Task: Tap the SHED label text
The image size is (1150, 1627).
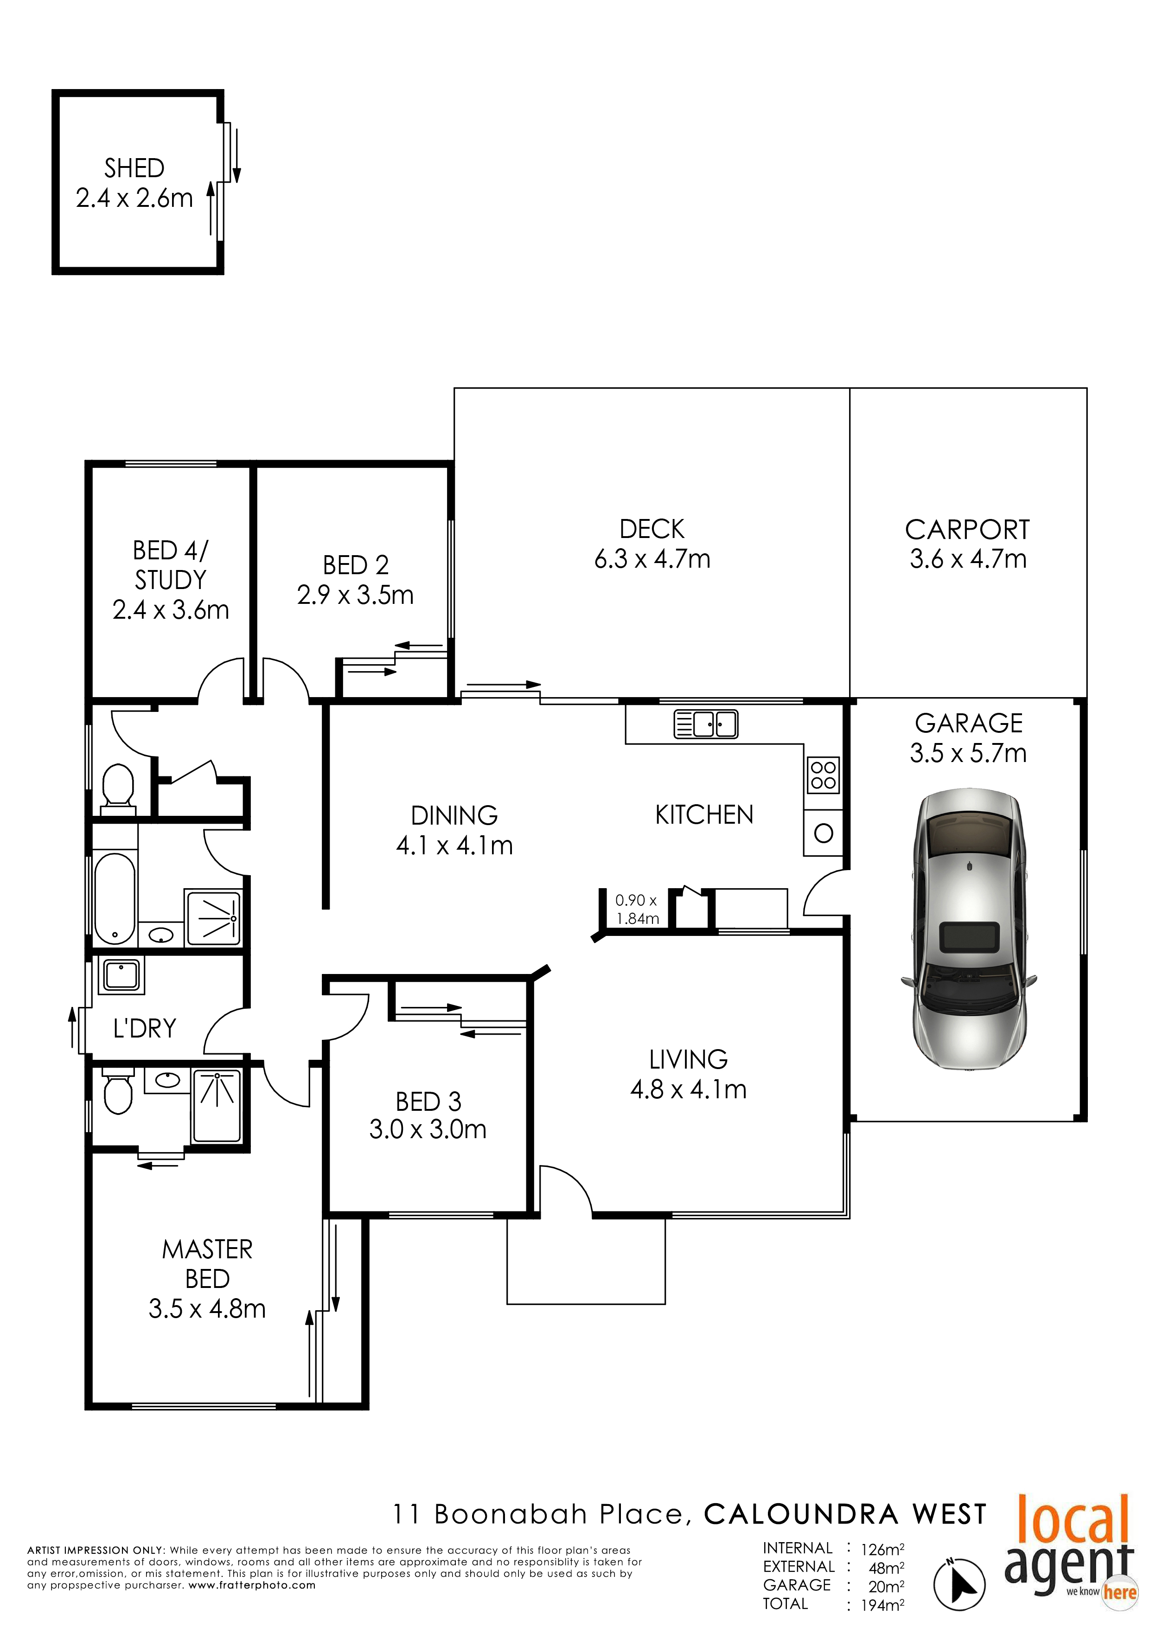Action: pyautogui.click(x=134, y=168)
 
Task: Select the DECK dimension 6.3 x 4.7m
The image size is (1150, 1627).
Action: pyautogui.click(x=652, y=558)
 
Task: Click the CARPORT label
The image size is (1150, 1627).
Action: pyautogui.click(x=967, y=529)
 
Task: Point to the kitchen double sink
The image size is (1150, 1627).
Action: pyautogui.click(x=706, y=724)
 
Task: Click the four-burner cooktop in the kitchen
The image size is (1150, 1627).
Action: pyautogui.click(x=824, y=775)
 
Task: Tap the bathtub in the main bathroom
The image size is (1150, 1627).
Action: pyautogui.click(x=115, y=899)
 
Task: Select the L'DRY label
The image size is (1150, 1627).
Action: pyautogui.click(x=145, y=1028)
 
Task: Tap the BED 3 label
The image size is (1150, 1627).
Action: pyautogui.click(x=428, y=1102)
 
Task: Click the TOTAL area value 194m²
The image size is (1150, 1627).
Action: pyautogui.click(x=882, y=1606)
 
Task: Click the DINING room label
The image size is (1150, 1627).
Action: pyautogui.click(x=454, y=815)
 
